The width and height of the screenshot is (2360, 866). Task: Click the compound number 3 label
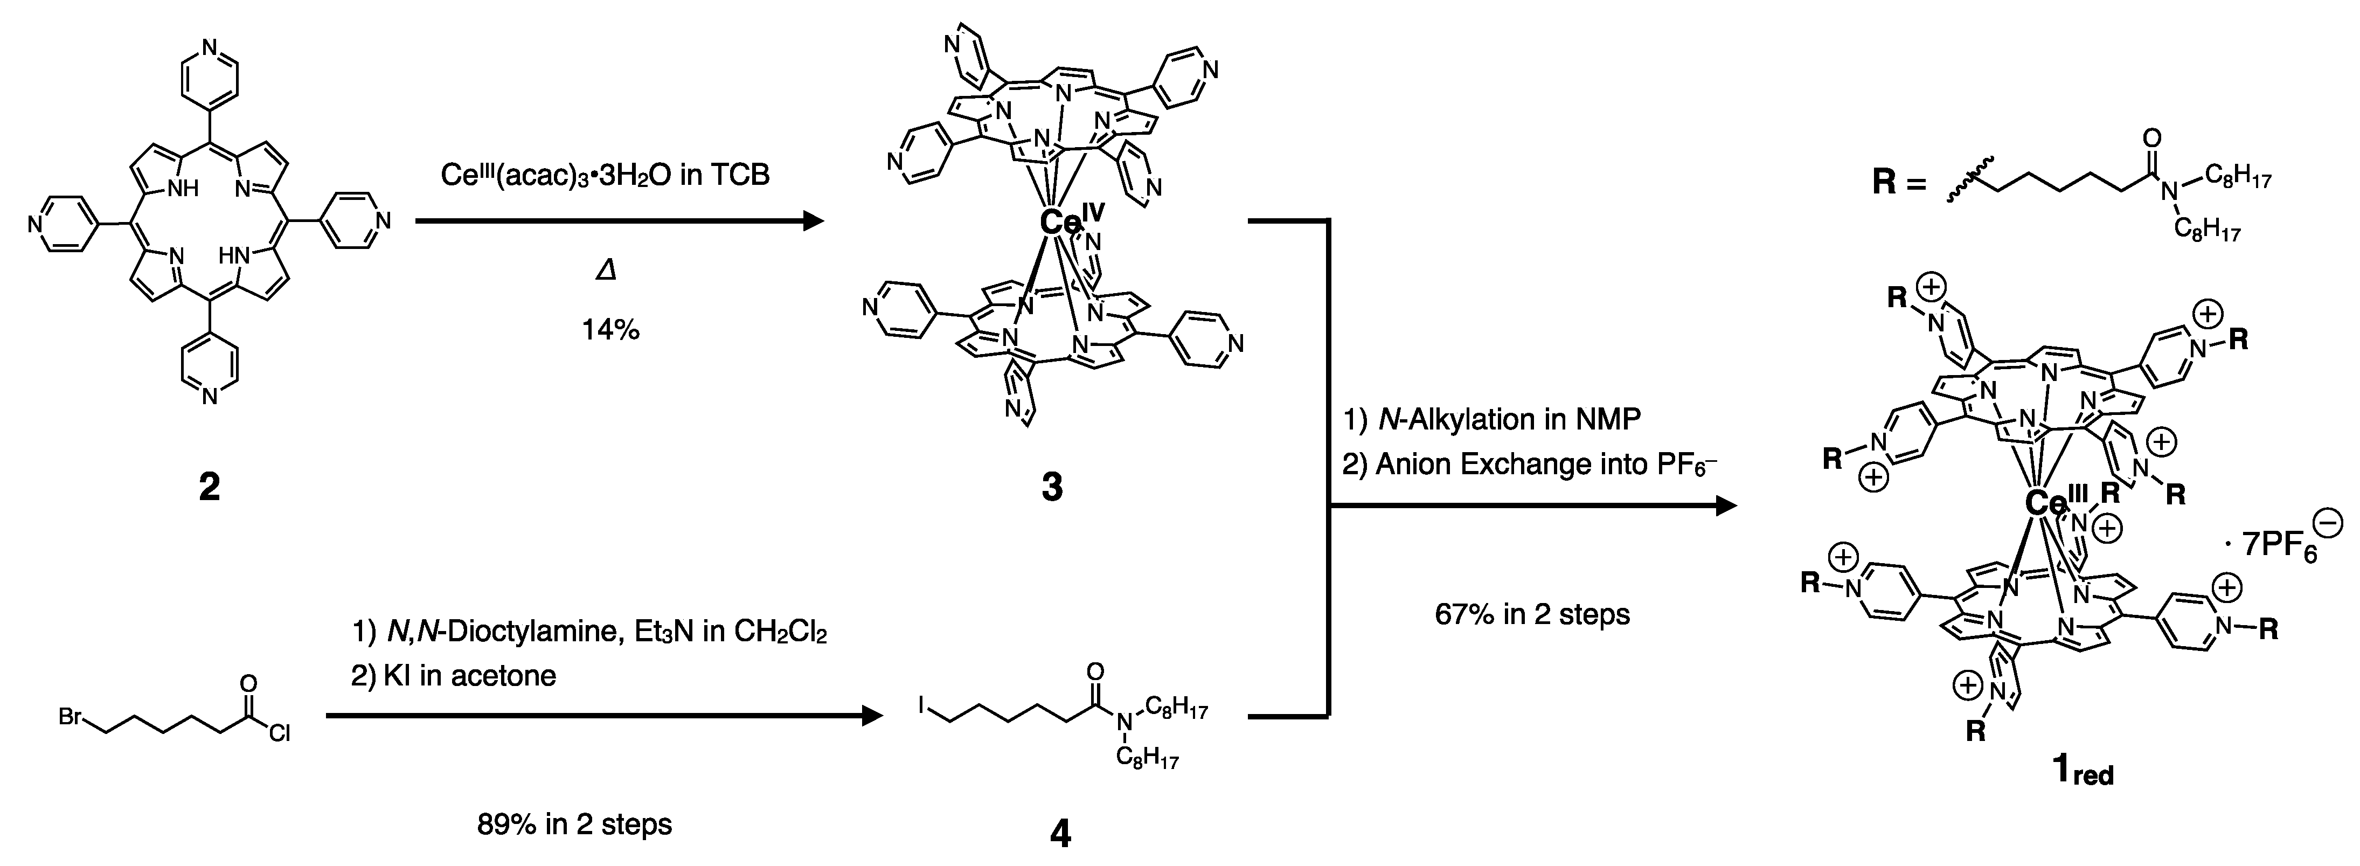click(x=1052, y=488)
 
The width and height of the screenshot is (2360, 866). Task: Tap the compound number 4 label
click(x=1060, y=834)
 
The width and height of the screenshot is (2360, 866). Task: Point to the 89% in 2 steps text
click(x=574, y=825)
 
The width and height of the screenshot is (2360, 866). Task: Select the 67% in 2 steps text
click(x=1533, y=614)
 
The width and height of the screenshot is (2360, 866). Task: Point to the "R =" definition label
click(x=1897, y=182)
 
